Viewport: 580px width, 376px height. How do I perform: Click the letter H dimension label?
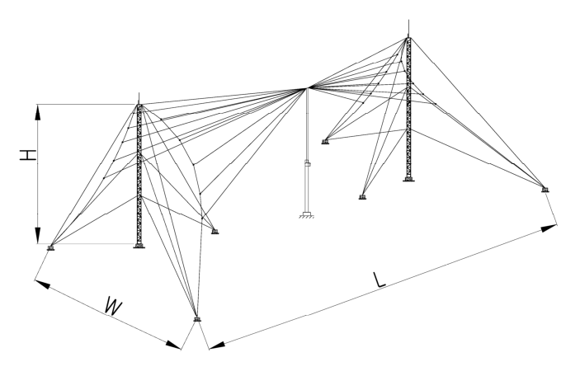28,155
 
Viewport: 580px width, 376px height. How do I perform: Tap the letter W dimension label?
113,306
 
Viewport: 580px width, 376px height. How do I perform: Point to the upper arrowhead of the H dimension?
38,112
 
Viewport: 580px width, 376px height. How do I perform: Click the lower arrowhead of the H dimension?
38,236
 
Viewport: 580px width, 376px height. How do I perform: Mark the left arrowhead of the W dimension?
43,284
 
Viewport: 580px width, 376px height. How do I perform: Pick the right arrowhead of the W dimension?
173,345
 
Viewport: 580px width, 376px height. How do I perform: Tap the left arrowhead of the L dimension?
217,345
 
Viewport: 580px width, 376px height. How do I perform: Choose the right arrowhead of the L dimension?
549,228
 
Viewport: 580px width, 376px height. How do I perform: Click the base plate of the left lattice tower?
139,246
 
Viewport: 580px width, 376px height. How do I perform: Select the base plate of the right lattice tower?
408,179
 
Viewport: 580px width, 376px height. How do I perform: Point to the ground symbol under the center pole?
306,215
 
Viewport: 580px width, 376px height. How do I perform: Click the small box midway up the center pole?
307,162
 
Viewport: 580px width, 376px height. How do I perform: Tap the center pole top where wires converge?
307,88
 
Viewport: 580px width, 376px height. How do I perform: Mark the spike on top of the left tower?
139,98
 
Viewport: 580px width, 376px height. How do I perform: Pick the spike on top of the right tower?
408,28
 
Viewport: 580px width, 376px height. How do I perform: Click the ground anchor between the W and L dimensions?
197,319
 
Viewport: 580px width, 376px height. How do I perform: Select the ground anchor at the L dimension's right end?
545,190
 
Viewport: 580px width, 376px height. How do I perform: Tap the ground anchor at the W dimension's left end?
50,247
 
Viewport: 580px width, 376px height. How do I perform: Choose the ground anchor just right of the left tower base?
215,232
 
